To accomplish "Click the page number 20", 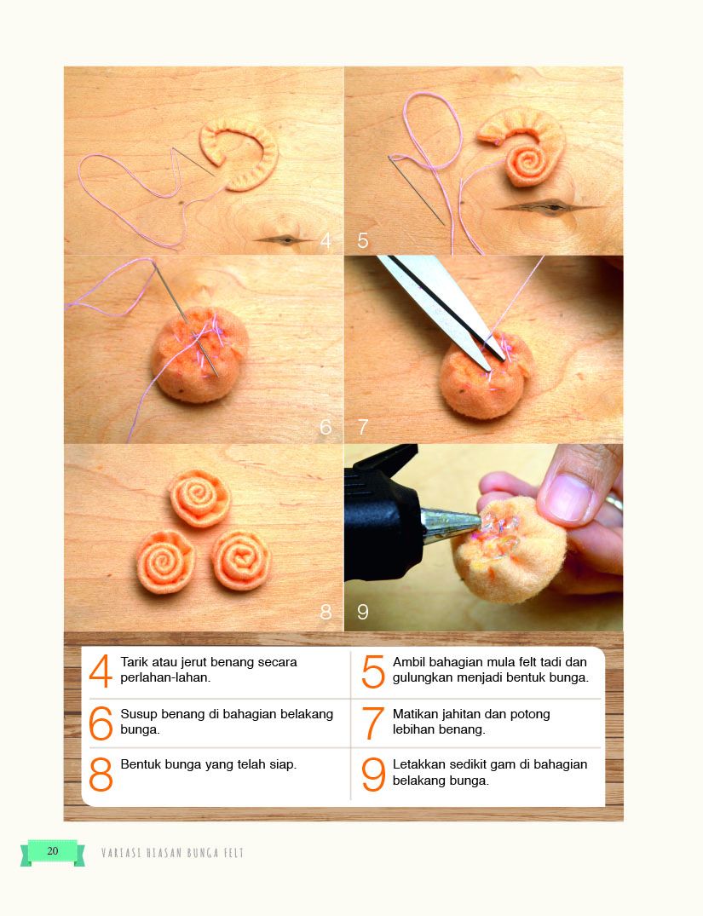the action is coord(53,850).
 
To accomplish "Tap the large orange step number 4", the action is coord(101,671).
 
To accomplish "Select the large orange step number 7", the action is coord(373,723).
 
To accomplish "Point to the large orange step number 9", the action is coord(373,774).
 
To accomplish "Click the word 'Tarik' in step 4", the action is coord(135,662).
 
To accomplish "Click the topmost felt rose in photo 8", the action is coord(200,498).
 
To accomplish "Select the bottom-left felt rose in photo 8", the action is coord(165,561).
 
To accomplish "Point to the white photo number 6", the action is coord(326,427).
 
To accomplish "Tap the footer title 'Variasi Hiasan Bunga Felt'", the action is coord(172,852).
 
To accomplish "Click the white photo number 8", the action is coord(326,612).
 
